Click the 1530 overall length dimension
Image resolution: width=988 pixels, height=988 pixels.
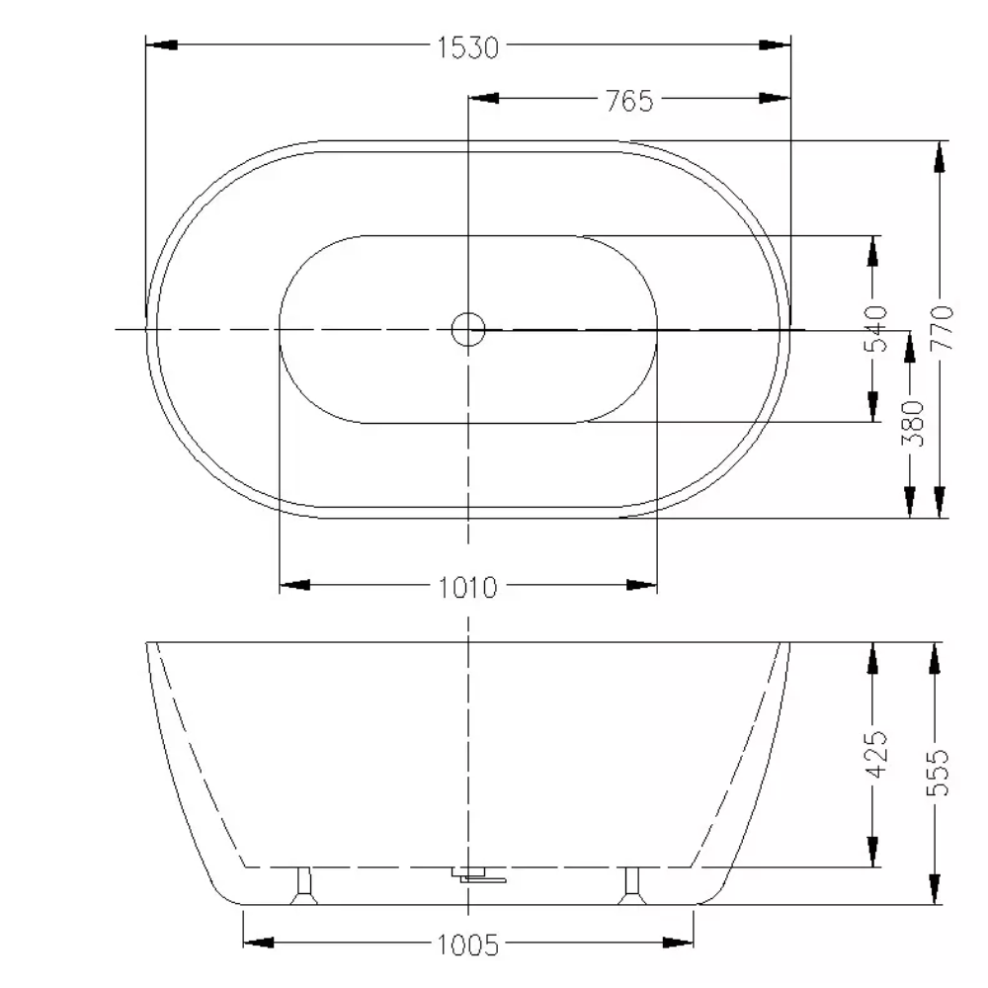[468, 47]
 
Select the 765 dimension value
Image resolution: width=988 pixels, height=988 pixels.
[629, 101]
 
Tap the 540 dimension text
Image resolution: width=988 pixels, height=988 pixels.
[875, 328]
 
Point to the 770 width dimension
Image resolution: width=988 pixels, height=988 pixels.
[942, 327]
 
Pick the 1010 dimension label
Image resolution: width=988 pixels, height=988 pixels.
[468, 588]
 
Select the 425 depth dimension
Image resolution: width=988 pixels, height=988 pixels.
[875, 754]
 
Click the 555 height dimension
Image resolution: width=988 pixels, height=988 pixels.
[937, 773]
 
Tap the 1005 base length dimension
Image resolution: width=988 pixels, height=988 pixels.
[468, 946]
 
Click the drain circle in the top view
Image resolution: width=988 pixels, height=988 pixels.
[468, 329]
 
